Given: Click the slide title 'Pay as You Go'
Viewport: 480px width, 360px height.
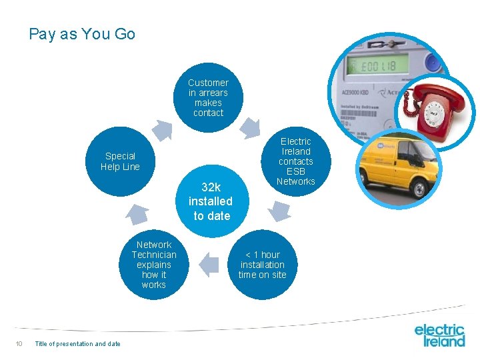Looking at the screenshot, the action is coord(82,34).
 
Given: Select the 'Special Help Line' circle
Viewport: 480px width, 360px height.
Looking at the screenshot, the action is coord(120,161).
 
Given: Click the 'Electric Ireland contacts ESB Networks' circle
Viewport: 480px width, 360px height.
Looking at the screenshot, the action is coord(295,161).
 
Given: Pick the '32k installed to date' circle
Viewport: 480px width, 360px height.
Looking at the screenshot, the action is coord(211,201).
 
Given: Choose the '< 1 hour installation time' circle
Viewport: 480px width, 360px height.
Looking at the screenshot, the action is coord(262,265).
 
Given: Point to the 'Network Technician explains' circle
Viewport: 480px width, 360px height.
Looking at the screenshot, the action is coord(154,265).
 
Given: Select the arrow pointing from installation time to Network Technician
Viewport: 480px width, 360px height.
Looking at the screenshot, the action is coord(209,264).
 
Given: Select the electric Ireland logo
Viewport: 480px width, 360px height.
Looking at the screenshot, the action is coord(439,335).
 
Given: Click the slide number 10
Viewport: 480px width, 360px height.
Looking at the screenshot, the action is coord(19,344).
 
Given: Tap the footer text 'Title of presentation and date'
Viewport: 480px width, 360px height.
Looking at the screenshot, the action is coord(77,344).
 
